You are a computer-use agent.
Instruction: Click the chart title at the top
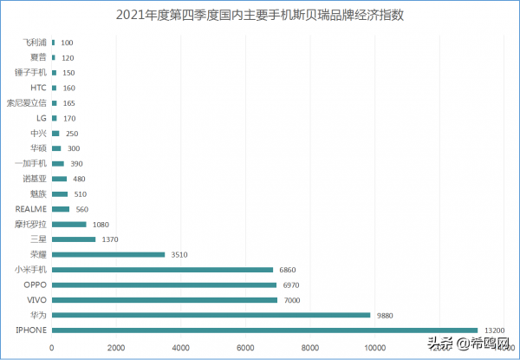(260, 15)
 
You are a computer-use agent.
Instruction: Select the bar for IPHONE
(265, 330)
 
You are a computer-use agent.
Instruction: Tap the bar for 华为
(211, 315)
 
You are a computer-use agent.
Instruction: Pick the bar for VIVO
(165, 299)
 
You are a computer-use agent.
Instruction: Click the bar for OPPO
(164, 285)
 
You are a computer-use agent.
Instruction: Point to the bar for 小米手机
(162, 270)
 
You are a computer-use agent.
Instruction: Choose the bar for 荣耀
(108, 254)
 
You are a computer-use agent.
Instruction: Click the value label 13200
(495, 330)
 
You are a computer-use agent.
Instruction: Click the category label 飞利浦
(36, 43)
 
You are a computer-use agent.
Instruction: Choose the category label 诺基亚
(35, 179)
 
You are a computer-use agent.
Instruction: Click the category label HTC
(38, 88)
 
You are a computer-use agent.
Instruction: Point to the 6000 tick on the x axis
(245, 348)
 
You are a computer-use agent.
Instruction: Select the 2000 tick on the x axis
(116, 348)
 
